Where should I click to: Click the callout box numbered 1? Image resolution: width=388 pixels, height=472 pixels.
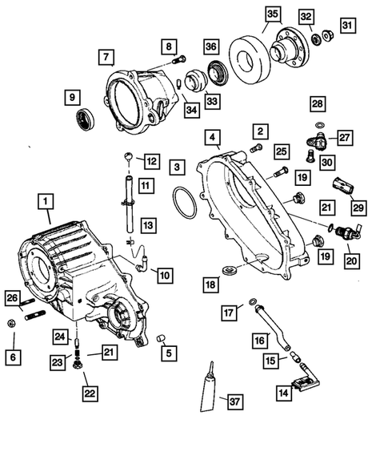(x=46, y=200)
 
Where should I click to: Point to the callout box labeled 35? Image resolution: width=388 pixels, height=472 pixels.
(x=272, y=15)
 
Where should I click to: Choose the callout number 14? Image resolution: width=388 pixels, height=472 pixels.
(x=283, y=393)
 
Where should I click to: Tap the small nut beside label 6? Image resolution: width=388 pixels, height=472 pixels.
(x=12, y=324)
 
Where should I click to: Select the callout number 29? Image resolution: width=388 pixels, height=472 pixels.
(x=359, y=208)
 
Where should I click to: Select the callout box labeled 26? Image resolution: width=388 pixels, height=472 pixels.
(x=11, y=299)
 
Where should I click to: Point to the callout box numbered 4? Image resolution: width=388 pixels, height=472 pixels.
(x=214, y=139)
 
